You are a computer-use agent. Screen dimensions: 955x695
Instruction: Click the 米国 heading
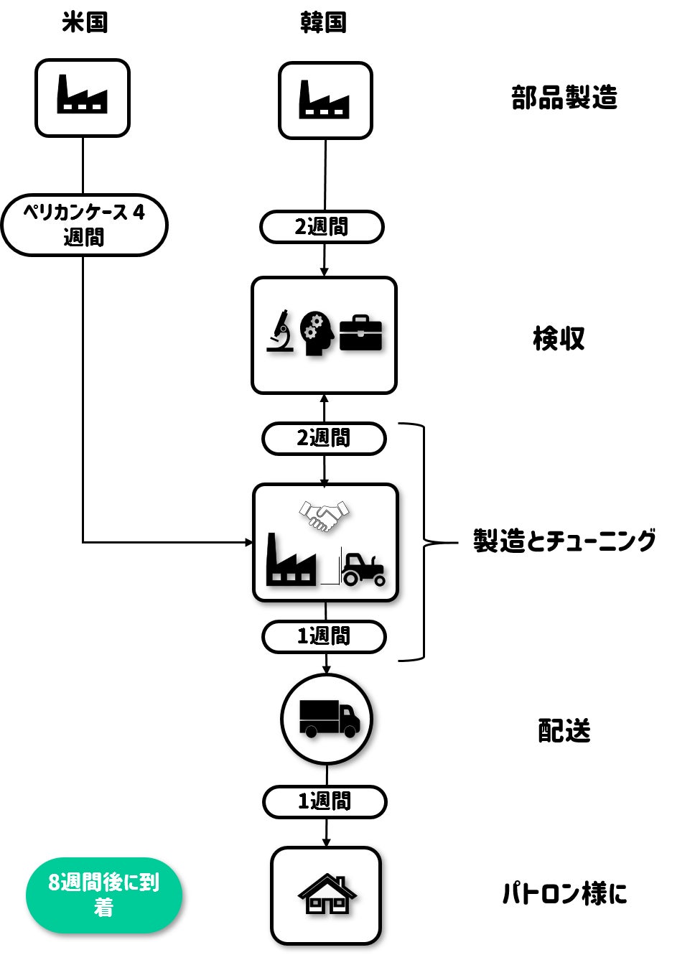[x=85, y=22]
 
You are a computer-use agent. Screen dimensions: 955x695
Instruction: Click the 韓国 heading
[x=323, y=22]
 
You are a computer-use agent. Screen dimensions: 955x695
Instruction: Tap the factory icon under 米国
[x=83, y=95]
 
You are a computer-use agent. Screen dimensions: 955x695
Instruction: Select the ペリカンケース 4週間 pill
[x=84, y=225]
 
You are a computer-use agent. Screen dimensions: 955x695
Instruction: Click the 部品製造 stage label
[x=564, y=98]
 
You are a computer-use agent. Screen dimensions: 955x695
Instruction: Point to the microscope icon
[x=280, y=331]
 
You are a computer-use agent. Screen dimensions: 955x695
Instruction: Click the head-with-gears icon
[x=317, y=333]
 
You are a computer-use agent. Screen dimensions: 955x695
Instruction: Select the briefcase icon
[x=360, y=332]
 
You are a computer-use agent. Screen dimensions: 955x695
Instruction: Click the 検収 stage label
[x=559, y=338]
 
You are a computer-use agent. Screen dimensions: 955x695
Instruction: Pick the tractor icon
[x=363, y=569]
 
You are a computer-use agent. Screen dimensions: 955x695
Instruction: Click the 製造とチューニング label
[x=564, y=541]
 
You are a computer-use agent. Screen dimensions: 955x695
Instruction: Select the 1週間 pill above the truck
[x=324, y=637]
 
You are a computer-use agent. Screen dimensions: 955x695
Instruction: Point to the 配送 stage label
[x=564, y=731]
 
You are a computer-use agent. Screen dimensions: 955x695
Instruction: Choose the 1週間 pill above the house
[x=325, y=801]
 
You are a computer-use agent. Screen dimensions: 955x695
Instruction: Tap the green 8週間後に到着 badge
[x=104, y=895]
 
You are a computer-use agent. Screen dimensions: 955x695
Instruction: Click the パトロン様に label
[x=564, y=894]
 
